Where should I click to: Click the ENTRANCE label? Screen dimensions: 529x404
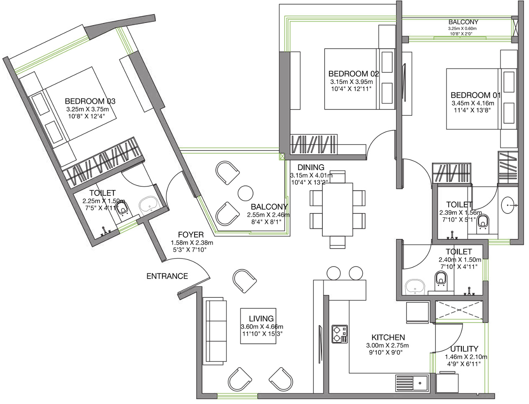pyautogui.click(x=167, y=276)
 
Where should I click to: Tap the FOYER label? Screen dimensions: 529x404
pyautogui.click(x=191, y=234)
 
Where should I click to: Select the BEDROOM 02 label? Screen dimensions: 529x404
pyautogui.click(x=353, y=74)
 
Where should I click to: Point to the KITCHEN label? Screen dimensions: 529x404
pyautogui.click(x=388, y=337)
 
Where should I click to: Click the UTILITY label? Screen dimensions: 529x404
pyautogui.click(x=464, y=348)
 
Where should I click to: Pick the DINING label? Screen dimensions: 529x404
pyautogui.click(x=311, y=167)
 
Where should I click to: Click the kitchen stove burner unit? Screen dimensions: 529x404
pyautogui.click(x=340, y=334)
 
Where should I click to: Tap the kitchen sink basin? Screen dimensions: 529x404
pyautogui.click(x=420, y=383)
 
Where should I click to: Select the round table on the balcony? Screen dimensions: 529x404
pyautogui.click(x=245, y=193)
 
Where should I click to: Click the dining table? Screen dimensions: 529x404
pyautogui.click(x=337, y=209)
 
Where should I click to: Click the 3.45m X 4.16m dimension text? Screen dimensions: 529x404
pyautogui.click(x=473, y=103)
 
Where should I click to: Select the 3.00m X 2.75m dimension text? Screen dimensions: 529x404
pyautogui.click(x=387, y=345)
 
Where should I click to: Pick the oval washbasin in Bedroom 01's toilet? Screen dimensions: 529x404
pyautogui.click(x=507, y=205)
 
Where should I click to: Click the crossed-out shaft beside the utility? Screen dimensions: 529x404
pyautogui.click(x=459, y=311)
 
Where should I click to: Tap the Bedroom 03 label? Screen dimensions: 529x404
pyautogui.click(x=90, y=101)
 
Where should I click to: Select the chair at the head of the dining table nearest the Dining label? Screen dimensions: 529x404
pyautogui.click(x=337, y=177)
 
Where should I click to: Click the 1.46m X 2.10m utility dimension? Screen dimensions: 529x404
pyautogui.click(x=466, y=356)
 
